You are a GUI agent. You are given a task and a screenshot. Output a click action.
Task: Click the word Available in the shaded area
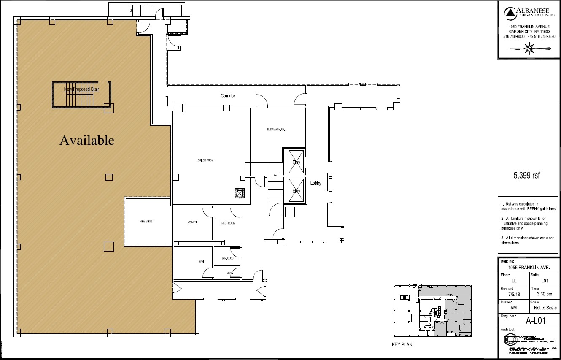(87, 140)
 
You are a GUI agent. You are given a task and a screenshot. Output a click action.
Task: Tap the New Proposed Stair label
(81, 89)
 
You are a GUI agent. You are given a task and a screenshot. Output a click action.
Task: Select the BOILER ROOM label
(206, 160)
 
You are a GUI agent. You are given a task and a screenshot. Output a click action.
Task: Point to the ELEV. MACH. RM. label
(276, 130)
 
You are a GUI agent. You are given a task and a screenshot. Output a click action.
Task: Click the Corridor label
(228, 96)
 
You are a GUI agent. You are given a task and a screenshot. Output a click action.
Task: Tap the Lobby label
(316, 183)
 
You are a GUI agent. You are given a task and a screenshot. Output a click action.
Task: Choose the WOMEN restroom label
(192, 222)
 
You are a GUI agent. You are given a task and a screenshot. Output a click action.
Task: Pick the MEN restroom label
(201, 262)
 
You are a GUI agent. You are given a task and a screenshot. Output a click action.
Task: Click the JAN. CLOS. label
(228, 258)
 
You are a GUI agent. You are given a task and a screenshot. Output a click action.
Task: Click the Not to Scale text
(545, 308)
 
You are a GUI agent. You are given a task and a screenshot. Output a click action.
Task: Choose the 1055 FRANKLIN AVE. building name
(529, 268)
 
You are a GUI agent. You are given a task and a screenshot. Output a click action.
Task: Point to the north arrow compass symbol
(529, 49)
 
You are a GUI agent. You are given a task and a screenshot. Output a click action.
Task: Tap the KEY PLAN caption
(402, 344)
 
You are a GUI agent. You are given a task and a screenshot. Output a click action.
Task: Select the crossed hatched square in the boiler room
(240, 193)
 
